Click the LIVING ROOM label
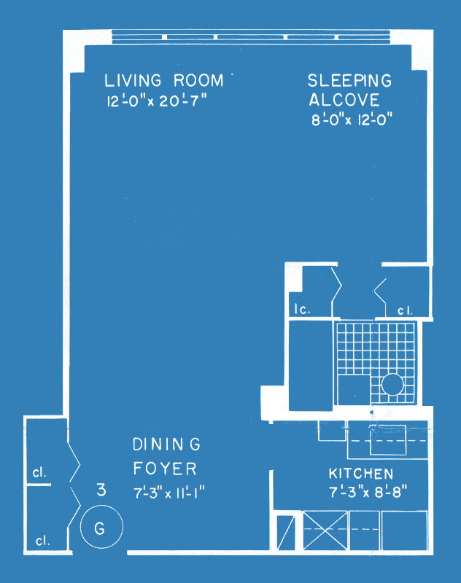(163, 80)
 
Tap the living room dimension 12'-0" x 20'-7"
(156, 101)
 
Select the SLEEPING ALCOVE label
(349, 90)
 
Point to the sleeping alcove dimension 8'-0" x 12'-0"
(352, 120)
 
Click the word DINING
(167, 445)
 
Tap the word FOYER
(165, 469)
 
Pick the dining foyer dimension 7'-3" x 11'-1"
(169, 493)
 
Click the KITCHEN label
(361, 474)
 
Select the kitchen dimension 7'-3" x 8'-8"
(368, 492)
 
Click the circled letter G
(100, 528)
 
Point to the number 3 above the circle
(101, 490)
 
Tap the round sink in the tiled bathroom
(392, 385)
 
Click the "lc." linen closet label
(302, 309)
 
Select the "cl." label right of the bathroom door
(405, 311)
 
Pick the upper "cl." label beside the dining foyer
(39, 472)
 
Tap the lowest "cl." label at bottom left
(42, 541)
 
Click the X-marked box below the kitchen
(325, 531)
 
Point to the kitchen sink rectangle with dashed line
(388, 440)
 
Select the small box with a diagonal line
(286, 533)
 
